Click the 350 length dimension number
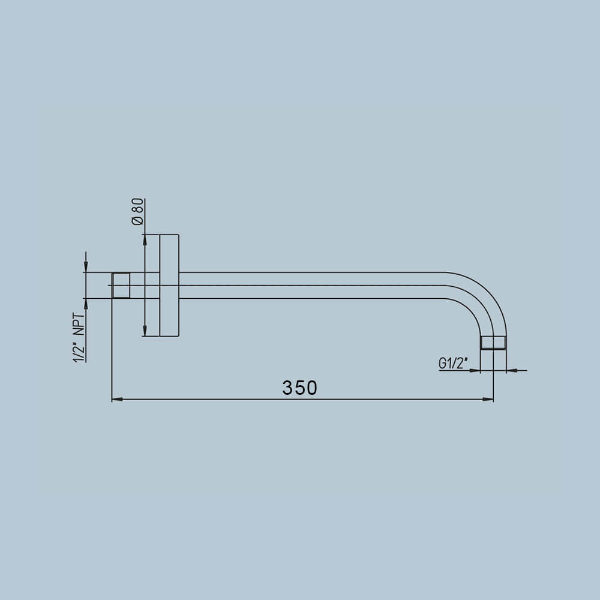click(299, 388)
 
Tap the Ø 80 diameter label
click(137, 212)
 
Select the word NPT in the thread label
click(79, 325)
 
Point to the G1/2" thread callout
click(454, 363)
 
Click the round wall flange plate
click(169, 286)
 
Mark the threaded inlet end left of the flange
click(121, 286)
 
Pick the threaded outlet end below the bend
click(493, 343)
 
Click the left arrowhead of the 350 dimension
click(117, 399)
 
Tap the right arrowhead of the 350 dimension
click(488, 399)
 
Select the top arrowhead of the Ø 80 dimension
click(145, 239)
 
